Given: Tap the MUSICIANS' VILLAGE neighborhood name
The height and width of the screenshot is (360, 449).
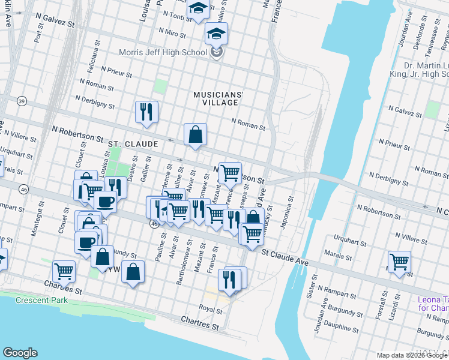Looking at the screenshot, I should tap(218, 98).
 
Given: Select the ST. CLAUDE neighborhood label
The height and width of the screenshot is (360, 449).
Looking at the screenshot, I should tap(133, 145).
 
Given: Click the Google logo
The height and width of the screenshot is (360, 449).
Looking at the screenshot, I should tap(20, 353).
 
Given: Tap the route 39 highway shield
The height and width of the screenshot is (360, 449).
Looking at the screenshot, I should tap(22, 100).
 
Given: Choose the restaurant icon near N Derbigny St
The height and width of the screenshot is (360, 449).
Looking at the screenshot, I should tap(146, 112).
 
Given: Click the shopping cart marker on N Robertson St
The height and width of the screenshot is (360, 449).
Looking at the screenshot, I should tap(230, 173).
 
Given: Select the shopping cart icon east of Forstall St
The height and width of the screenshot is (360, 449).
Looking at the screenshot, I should tap(399, 262).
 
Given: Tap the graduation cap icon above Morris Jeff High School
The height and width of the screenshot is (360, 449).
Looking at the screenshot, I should tap(216, 34).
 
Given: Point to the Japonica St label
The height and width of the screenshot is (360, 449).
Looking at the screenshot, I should tap(289, 213).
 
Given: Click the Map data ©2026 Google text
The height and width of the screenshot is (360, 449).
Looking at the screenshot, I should tap(412, 355).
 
